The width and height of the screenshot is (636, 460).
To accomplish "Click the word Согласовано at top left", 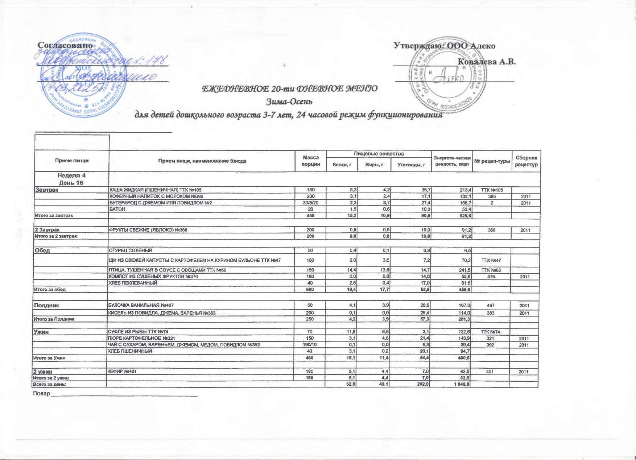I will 66,46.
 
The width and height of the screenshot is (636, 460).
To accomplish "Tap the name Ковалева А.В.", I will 487,61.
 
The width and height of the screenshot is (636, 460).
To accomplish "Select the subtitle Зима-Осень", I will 289,101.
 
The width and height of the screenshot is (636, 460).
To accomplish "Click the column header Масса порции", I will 311,161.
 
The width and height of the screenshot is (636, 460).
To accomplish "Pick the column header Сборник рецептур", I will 526,161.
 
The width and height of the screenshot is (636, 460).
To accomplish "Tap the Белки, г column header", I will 342,165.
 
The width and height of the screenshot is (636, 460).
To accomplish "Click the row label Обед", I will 42,250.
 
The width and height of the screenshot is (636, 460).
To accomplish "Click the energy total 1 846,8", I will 461,384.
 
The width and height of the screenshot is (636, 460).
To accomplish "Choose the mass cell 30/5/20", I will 311,203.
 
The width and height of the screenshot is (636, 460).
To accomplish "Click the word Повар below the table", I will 41,394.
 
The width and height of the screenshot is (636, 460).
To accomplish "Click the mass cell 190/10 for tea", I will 311,344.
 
